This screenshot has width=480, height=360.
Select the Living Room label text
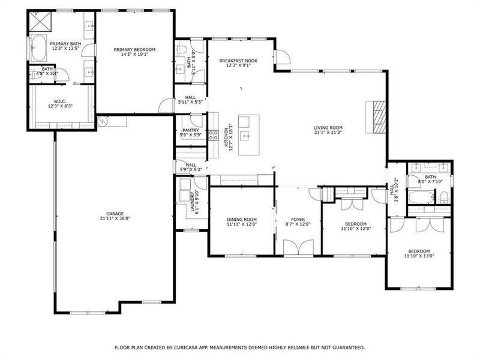point(328,130)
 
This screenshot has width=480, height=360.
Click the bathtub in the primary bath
point(38,48)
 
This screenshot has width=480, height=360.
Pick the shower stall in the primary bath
point(40,20)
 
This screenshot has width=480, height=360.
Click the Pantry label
point(190,132)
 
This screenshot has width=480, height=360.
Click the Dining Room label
point(242,223)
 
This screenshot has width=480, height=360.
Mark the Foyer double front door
point(298,248)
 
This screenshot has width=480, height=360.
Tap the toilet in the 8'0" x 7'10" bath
point(444,197)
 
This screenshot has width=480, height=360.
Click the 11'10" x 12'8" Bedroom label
point(354,226)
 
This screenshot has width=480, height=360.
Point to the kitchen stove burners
point(212,136)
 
